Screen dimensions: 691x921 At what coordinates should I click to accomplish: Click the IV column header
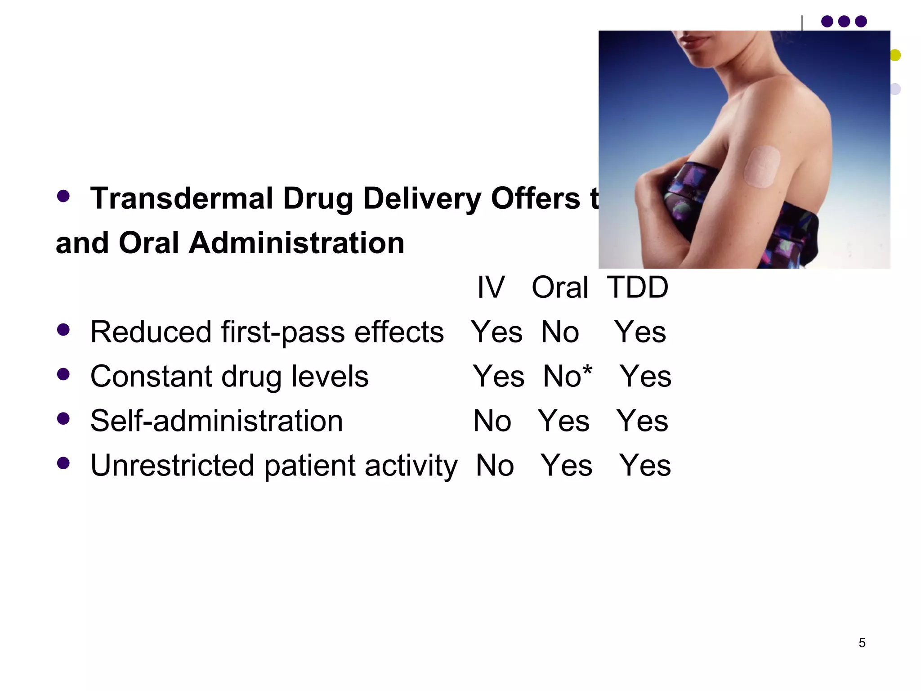[x=491, y=287]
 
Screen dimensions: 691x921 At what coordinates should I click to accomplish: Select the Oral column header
[x=560, y=287]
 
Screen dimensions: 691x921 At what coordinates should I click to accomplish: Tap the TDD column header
[x=638, y=287]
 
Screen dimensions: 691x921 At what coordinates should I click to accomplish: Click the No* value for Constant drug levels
[x=568, y=376]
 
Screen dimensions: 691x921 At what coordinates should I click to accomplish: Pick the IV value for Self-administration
[x=492, y=421]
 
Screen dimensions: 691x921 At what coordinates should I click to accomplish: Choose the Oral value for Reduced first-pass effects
[x=560, y=332]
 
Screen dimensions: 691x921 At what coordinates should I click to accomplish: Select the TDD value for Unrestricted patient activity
[x=645, y=465]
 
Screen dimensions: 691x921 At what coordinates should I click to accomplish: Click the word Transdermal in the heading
[x=182, y=198]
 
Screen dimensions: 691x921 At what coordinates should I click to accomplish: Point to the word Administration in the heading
[x=296, y=243]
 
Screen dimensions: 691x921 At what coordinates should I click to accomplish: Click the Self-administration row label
[x=216, y=421]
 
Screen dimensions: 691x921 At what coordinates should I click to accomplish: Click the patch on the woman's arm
[x=761, y=166]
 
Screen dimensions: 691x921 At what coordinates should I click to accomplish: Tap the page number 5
[x=862, y=643]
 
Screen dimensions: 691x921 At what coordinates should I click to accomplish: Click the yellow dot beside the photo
[x=895, y=55]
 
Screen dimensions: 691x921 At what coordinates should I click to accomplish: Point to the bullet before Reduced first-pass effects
[x=63, y=330]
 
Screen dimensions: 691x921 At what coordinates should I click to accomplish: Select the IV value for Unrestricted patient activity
[x=495, y=465]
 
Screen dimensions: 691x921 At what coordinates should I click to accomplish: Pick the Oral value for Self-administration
[x=564, y=421]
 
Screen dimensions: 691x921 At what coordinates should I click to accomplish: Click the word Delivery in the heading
[x=422, y=198]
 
